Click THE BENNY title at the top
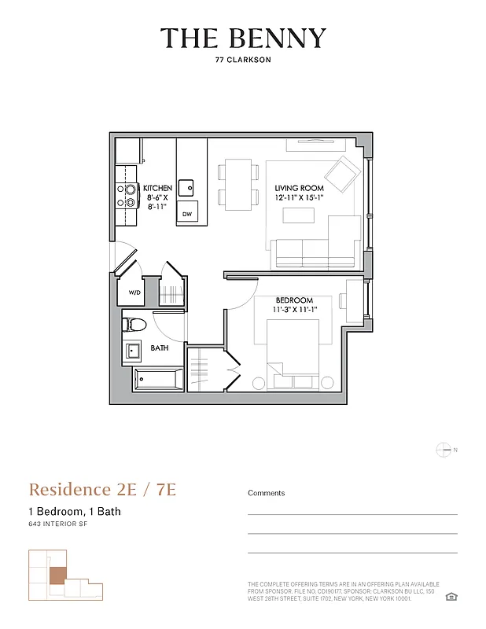pos(243,39)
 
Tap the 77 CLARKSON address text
pos(243,59)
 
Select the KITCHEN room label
pos(157,189)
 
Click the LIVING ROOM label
pos(299,189)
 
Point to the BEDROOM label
pos(294,300)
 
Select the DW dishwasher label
pos(187,214)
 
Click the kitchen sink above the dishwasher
pos(186,187)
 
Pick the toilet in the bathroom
pos(135,322)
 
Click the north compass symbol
pos(444,450)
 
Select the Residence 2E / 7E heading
pos(102,489)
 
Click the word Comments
pos(267,493)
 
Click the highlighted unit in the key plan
pos(57,575)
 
